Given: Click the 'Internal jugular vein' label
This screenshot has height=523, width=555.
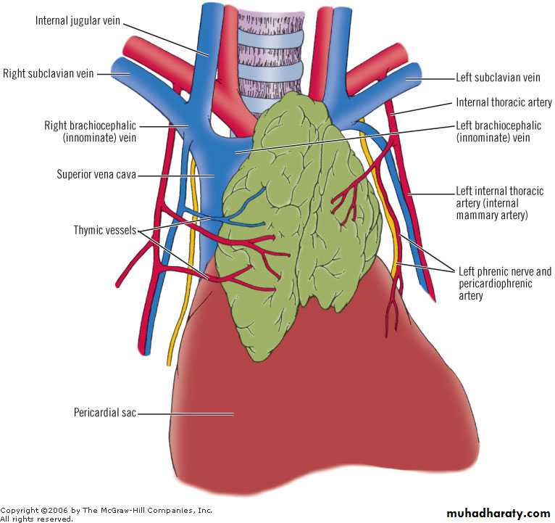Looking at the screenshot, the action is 78,20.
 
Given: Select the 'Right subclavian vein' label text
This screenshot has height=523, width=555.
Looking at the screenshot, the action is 48,74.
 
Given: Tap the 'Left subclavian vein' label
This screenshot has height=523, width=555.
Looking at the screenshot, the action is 498,78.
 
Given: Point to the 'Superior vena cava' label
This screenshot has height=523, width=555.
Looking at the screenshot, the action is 96,174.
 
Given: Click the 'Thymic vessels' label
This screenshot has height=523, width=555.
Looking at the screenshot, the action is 105,231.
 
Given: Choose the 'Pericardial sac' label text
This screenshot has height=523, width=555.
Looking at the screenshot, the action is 105,413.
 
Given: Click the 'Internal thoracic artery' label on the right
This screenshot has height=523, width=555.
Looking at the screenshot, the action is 504,103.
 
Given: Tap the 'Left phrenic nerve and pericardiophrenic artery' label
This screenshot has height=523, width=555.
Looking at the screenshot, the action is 505,284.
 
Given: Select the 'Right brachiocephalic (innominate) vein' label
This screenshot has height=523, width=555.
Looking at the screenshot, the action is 90,131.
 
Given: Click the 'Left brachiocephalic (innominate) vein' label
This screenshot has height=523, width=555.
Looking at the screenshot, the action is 498,131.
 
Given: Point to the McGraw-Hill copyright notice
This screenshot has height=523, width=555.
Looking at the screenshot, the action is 107,514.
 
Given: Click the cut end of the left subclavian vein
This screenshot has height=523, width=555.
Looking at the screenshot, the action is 416,75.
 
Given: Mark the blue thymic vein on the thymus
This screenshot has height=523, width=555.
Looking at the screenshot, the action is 233,210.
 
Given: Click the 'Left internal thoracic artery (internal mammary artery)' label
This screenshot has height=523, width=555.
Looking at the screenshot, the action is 499,203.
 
